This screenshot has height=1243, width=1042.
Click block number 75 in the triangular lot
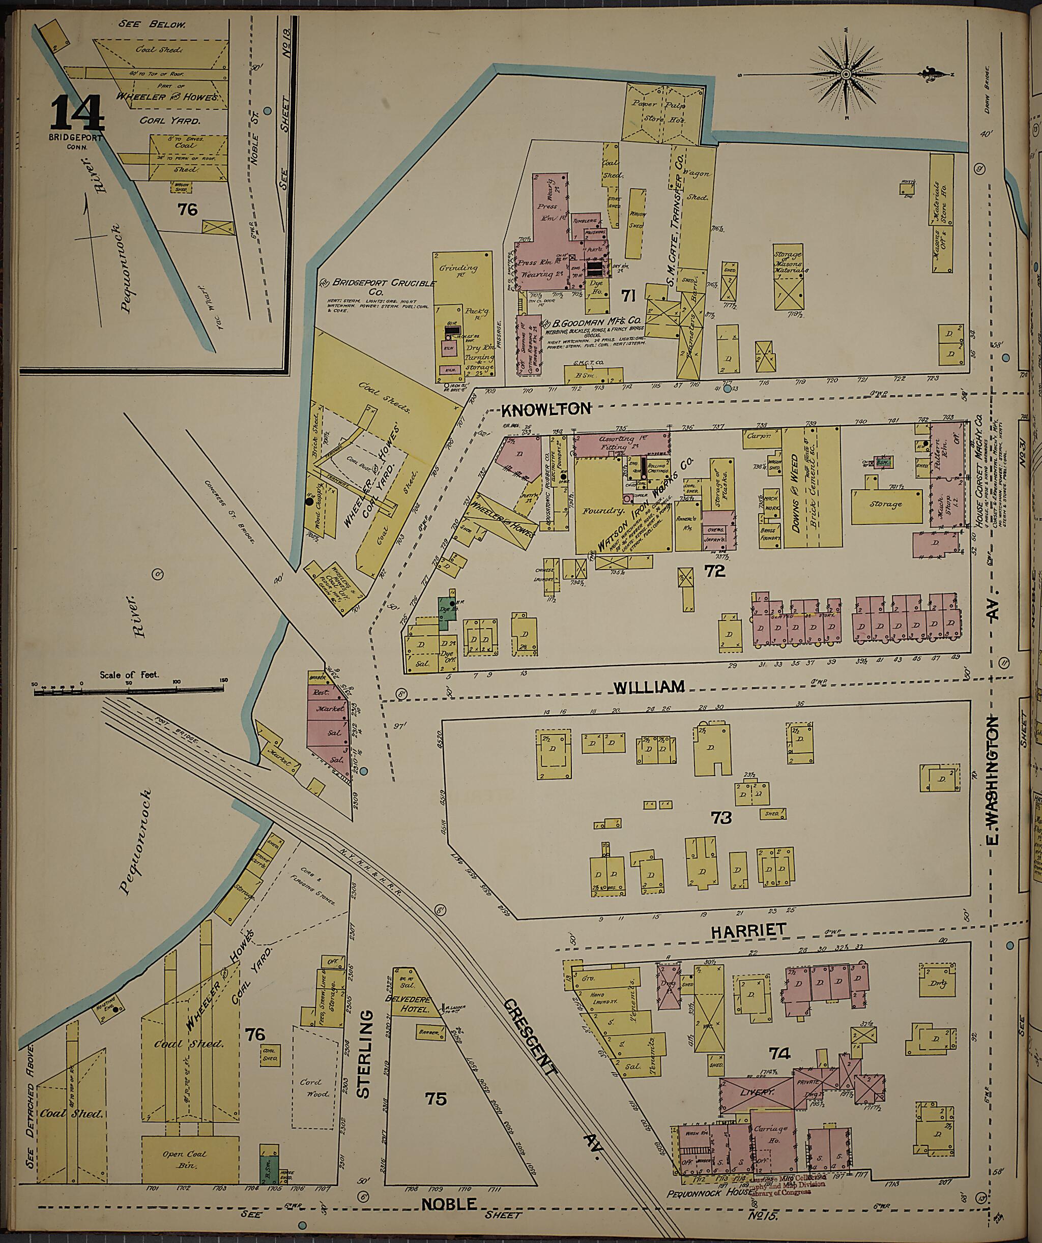pos(435,1098)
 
